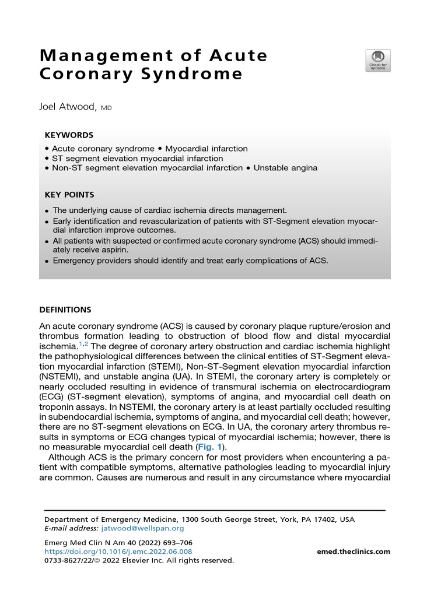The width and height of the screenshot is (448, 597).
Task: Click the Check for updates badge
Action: click(x=377, y=61)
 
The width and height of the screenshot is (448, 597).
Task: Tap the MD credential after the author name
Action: click(x=106, y=108)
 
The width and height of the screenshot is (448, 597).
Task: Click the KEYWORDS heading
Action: click(x=69, y=134)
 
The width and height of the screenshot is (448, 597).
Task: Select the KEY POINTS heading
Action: click(x=69, y=195)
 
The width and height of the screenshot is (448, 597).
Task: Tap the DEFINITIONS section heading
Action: click(x=65, y=310)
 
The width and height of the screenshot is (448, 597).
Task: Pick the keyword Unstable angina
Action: click(x=285, y=168)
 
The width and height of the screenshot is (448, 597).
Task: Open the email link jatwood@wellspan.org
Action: click(x=142, y=528)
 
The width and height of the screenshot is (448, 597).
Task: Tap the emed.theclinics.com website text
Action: click(x=353, y=552)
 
